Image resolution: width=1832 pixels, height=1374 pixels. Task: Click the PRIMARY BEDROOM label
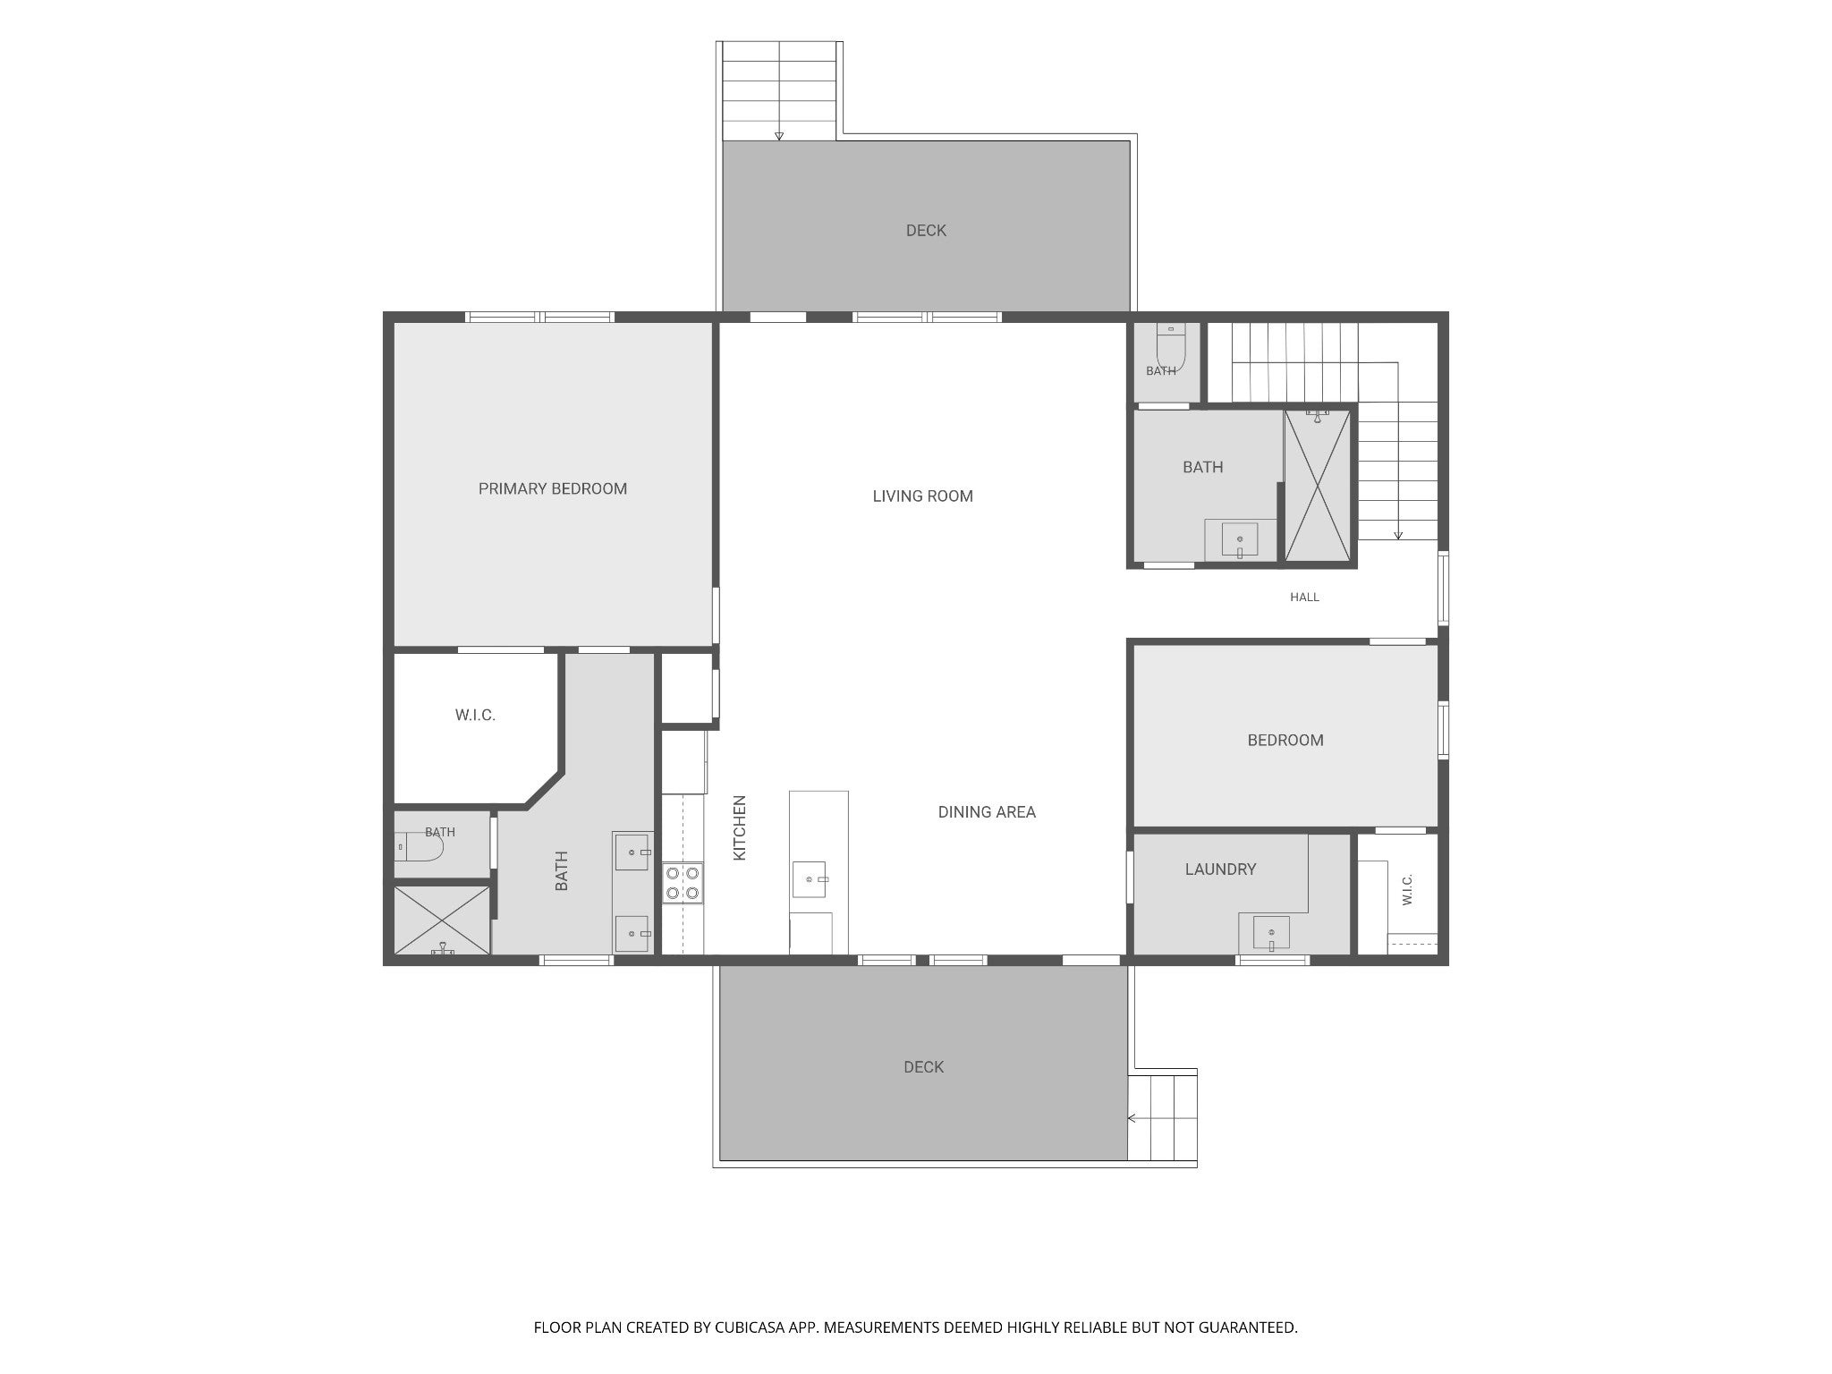(552, 488)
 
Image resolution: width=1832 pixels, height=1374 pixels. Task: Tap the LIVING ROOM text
(922, 496)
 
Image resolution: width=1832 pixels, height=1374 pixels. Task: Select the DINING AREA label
(987, 812)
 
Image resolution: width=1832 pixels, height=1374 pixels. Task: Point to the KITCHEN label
(740, 828)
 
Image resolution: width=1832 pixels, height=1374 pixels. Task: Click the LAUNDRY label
(1220, 869)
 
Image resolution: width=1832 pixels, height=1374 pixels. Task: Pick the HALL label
(1304, 597)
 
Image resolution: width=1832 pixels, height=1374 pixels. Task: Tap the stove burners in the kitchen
(683, 882)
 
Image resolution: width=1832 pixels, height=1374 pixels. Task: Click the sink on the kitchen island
(810, 879)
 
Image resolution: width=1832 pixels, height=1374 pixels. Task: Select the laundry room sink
(1271, 934)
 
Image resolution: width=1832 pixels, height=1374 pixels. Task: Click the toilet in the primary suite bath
(420, 846)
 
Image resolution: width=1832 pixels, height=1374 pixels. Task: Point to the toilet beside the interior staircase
(1171, 347)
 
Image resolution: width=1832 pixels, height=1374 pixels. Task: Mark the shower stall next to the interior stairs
(1318, 486)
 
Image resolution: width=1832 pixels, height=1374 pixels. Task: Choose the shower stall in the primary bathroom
(442, 920)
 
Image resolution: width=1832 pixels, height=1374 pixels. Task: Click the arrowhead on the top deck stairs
(779, 136)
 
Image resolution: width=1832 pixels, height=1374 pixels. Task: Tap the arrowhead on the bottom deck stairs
(1132, 1118)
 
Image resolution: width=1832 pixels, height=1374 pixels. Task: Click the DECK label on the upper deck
(926, 231)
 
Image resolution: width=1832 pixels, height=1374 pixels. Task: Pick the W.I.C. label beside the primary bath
(475, 715)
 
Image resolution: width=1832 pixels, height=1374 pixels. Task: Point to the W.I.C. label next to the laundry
(1407, 890)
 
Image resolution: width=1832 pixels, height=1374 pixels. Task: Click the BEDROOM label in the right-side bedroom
(1285, 740)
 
